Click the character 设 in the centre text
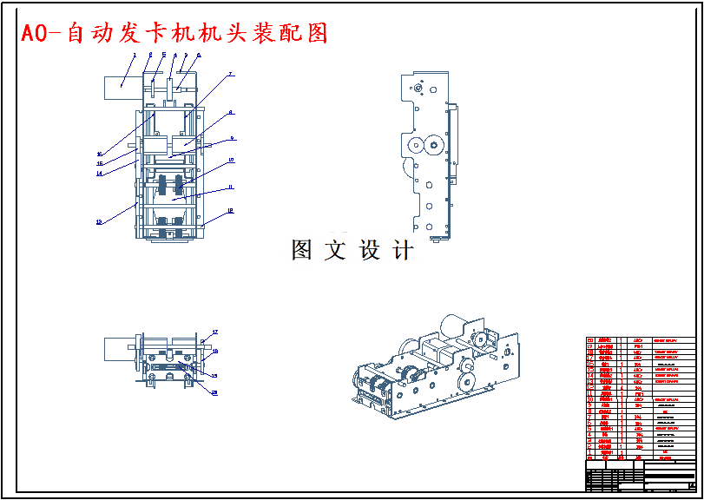coord(371,251)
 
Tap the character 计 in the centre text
coord(403,251)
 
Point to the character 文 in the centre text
coord(335,251)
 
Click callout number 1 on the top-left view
coord(135,55)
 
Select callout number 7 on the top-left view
coord(231,75)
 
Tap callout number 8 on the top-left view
coord(231,112)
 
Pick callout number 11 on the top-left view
coord(231,187)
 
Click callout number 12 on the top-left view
coord(230,210)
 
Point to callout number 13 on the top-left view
coord(99,222)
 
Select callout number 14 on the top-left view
coord(99,174)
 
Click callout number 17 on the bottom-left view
coord(215,332)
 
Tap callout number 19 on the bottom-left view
coord(214,375)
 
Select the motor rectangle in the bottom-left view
coord(117,349)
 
